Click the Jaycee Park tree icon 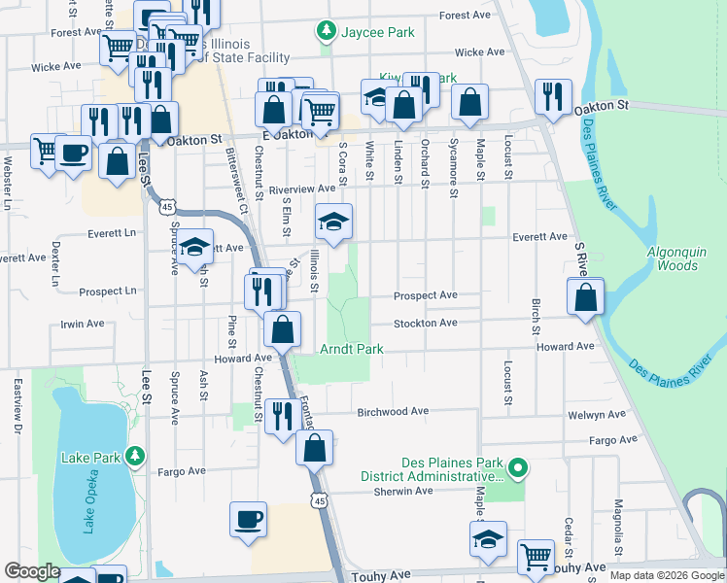point(327,32)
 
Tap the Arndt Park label point(351,349)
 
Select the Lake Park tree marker point(137,456)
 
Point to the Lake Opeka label point(87,505)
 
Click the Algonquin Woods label point(673,258)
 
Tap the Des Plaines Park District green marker point(518,469)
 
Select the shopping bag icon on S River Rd point(586,299)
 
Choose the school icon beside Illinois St point(333,223)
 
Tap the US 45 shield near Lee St point(168,207)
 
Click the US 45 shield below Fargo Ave point(318,498)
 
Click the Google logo point(32,572)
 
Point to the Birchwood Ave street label point(393,412)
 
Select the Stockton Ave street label point(425,324)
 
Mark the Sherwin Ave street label point(402,492)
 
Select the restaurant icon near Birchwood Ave point(282,416)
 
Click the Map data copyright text point(665,575)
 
